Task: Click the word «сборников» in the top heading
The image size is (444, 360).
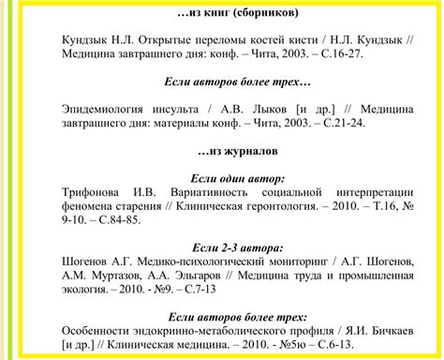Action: point(264,14)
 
